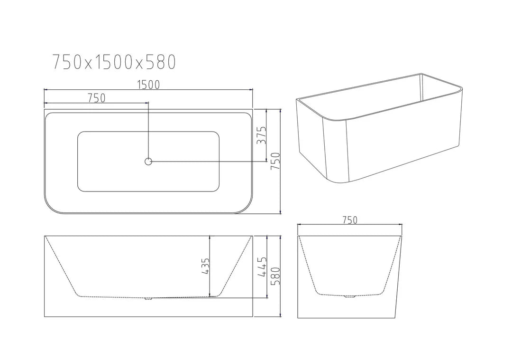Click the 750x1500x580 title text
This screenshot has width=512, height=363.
tap(114, 62)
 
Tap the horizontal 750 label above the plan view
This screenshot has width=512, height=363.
tap(96, 98)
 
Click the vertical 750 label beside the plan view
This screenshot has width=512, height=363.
tap(275, 162)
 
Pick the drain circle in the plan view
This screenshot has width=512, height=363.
tap(148, 162)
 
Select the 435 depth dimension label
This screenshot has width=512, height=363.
tap(205, 267)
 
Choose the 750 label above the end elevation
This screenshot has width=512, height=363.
tap(349, 220)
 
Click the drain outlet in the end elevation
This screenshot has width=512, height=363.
tap(350, 297)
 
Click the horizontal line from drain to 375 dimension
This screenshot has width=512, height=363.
tap(209, 162)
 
